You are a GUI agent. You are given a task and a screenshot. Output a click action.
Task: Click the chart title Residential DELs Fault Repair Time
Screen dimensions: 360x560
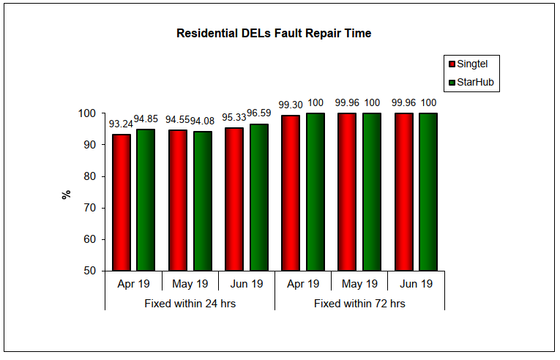point(274,34)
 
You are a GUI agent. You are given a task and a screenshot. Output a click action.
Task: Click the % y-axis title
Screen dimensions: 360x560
point(67,195)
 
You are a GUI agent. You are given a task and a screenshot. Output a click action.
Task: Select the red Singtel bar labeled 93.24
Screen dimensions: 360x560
point(121,203)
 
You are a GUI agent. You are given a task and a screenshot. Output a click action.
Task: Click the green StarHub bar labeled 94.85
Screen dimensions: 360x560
point(146,200)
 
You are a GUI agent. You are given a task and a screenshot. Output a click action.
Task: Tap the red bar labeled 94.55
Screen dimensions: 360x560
point(177,200)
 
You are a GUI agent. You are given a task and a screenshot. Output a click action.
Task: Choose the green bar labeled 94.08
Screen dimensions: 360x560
point(202,201)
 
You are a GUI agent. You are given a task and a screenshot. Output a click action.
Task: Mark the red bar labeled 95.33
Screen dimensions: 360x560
point(234,199)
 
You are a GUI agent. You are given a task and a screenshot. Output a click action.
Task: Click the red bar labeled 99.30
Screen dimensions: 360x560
point(291,193)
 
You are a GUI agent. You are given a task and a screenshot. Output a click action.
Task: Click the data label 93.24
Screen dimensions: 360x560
point(121,124)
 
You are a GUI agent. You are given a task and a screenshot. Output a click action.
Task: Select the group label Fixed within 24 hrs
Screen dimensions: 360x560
point(190,303)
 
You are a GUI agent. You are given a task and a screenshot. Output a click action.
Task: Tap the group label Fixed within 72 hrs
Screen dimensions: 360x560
point(360,303)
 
